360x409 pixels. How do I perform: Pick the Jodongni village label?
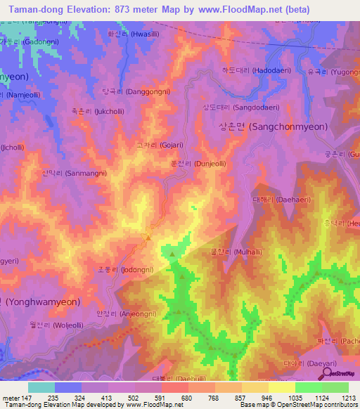pyautogui.click(x=124, y=269)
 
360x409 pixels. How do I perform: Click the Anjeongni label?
pyautogui.click(x=126, y=313)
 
